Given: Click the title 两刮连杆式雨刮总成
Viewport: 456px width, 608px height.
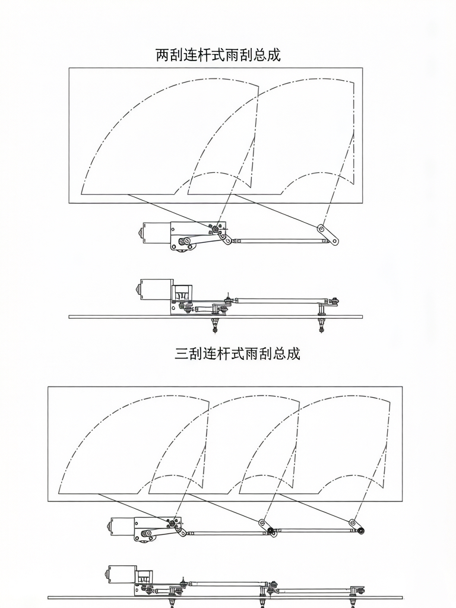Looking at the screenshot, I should (218, 55).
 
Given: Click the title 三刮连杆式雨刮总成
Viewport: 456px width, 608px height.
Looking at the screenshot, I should (237, 354).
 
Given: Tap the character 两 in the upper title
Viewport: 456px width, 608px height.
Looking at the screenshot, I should (163, 55).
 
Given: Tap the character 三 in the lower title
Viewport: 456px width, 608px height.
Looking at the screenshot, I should (182, 354).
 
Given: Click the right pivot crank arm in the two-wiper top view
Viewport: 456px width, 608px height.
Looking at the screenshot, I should (327, 235).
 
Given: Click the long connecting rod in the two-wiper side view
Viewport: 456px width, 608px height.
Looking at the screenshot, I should (279, 300).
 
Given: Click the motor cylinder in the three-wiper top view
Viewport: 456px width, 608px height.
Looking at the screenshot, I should (121, 525).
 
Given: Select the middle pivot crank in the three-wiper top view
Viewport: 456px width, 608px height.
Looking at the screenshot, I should (265, 527).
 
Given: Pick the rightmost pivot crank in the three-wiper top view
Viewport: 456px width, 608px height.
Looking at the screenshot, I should (356, 527).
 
